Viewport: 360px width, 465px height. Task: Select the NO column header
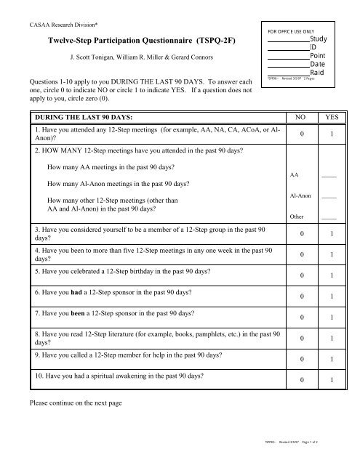pyautogui.click(x=299, y=117)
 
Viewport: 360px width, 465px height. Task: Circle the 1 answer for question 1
pyautogui.click(x=332, y=135)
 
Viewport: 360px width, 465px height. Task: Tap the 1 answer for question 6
pyautogui.click(x=332, y=296)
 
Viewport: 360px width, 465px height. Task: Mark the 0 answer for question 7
pyautogui.click(x=299, y=318)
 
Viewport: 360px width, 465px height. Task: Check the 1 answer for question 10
pyautogui.click(x=332, y=379)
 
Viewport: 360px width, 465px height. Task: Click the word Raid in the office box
pyautogui.click(x=317, y=73)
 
